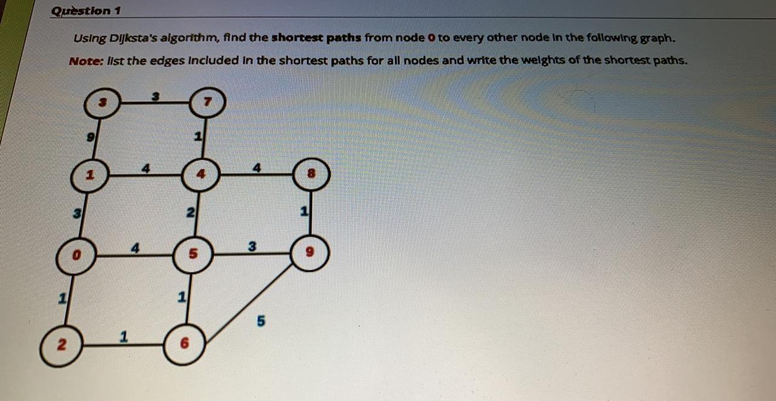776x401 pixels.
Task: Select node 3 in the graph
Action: [x=102, y=104]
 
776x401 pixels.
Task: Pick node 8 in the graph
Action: [x=312, y=175]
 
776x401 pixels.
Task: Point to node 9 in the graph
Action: [x=310, y=253]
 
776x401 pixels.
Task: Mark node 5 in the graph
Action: [x=193, y=255]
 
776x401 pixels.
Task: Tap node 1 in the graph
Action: [x=90, y=176]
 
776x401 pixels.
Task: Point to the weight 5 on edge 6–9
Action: [x=261, y=322]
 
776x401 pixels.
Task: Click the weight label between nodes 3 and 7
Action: [x=155, y=95]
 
